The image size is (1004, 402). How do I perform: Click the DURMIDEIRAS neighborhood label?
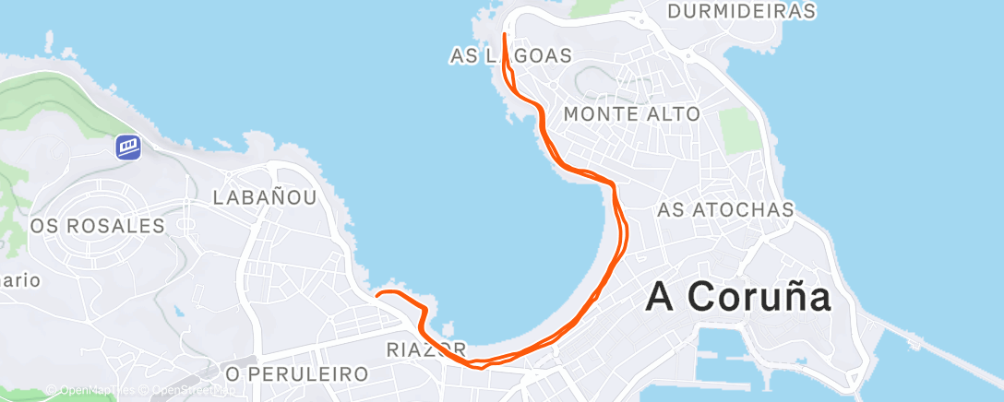741,11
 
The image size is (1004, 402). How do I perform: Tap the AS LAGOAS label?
510,56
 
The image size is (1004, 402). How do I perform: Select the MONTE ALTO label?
631,113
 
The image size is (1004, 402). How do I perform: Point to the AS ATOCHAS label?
725,210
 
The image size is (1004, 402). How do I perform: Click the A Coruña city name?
738,297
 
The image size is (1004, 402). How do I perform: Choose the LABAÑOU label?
265,197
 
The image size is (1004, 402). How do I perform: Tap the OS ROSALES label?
97,226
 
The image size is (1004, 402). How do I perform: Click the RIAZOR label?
425,350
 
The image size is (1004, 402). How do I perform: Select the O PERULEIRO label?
297,373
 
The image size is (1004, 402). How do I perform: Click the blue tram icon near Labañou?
127,147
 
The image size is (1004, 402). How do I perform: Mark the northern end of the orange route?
505,34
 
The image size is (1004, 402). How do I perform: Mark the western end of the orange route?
376,295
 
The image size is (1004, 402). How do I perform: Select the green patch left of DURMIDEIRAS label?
600,7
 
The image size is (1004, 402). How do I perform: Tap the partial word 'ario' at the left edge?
20,280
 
